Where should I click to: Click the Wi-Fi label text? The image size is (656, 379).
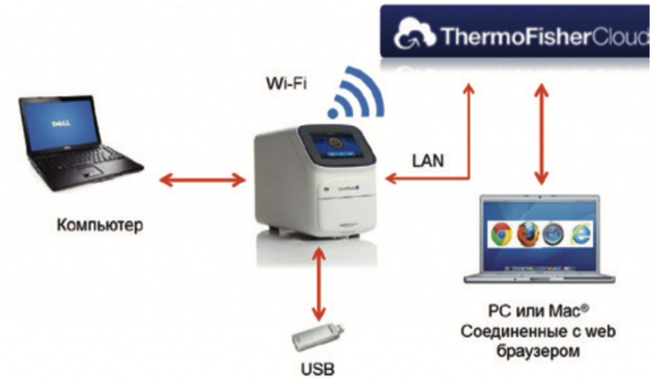(286, 83)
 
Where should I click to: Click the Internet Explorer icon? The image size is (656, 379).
(578, 235)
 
